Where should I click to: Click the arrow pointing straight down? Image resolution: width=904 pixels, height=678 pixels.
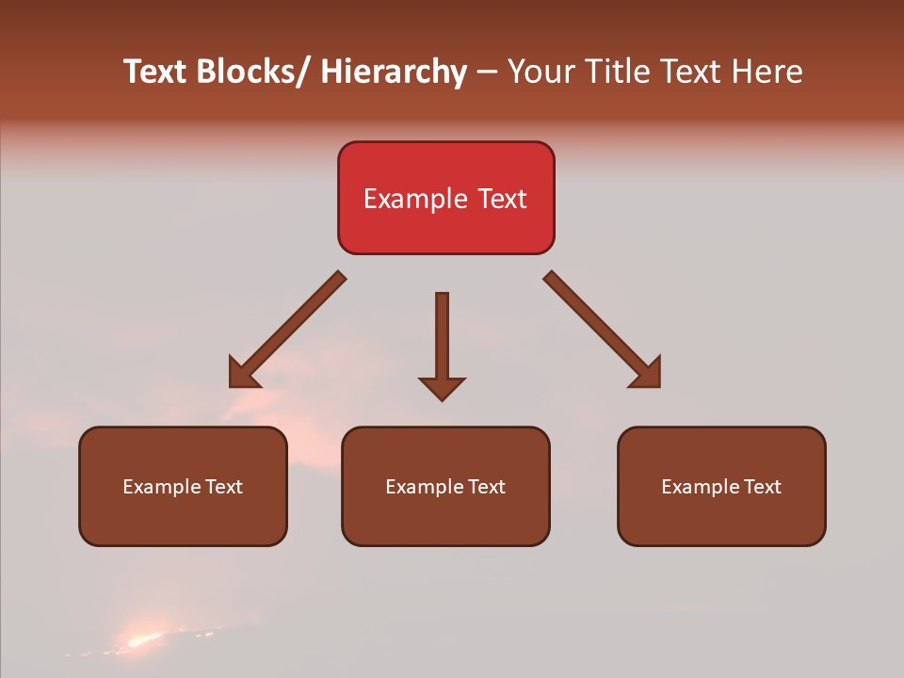pyautogui.click(x=442, y=339)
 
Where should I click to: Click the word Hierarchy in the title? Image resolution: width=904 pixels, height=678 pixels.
pyautogui.click(x=394, y=72)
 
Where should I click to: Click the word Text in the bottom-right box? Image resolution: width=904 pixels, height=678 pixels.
pyautogui.click(x=762, y=487)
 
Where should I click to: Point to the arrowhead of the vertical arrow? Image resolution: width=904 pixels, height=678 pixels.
pyautogui.click(x=442, y=388)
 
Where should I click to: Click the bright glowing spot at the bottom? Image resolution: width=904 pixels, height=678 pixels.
pyautogui.click(x=143, y=640)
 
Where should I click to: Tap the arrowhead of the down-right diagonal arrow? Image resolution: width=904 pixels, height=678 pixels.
pyautogui.click(x=647, y=374)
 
